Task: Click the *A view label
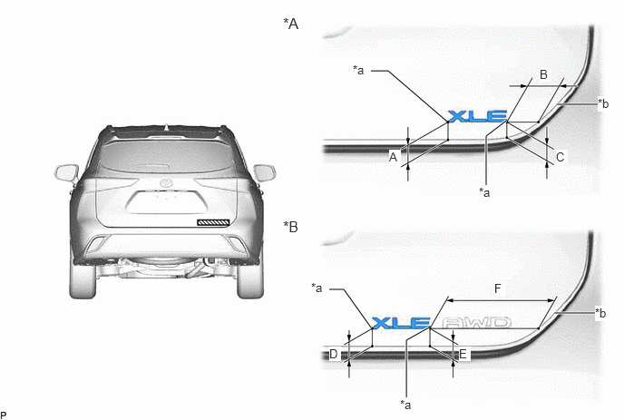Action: (290, 24)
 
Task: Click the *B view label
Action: (290, 227)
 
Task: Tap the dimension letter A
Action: (394, 157)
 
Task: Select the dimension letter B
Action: (543, 74)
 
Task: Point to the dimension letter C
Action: (560, 157)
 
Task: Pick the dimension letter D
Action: (334, 354)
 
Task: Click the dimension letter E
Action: (463, 354)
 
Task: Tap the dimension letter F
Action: (498, 288)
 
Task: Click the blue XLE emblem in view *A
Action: (478, 116)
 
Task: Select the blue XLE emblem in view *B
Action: (401, 323)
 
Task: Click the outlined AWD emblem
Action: (477, 323)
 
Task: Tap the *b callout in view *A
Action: (603, 103)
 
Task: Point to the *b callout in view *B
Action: (600, 313)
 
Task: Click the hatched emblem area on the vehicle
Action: (213, 222)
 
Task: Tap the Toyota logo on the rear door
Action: (166, 183)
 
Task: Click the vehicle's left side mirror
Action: (66, 173)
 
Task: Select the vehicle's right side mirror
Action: (264, 172)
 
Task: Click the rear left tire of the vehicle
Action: (83, 280)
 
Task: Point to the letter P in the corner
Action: (4, 415)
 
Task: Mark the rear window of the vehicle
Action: (166, 156)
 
